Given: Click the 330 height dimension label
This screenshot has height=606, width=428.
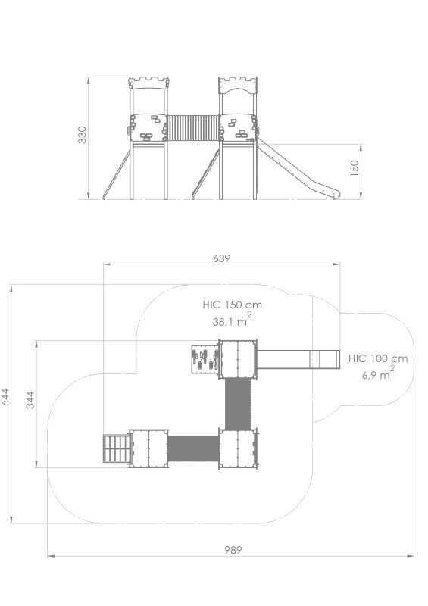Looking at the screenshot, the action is [83, 135].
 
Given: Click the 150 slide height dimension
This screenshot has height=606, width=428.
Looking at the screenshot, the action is [355, 168].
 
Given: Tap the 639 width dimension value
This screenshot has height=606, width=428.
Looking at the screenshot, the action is [221, 258].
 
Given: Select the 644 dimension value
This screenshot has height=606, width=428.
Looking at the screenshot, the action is [5, 396].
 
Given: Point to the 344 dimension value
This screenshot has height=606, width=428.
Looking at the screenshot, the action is [30, 400].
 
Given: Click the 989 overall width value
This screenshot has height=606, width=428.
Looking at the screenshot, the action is [233, 550].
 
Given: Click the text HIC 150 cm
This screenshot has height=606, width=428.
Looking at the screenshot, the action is [233, 305].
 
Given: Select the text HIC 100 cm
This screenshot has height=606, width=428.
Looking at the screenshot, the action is [378, 358].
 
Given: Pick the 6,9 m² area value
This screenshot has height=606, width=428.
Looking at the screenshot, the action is [378, 373].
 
